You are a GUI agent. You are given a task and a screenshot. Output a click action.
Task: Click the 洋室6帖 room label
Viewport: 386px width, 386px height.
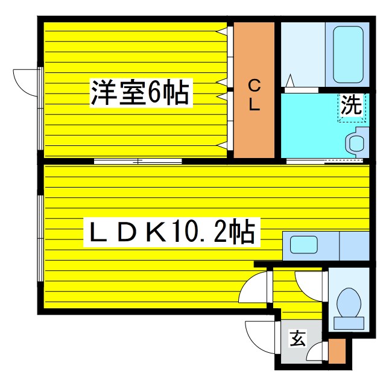click(140, 93)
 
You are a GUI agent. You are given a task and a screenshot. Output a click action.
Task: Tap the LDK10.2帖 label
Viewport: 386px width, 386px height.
click(171, 231)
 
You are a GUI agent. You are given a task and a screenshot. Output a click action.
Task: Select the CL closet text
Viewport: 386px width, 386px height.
click(254, 95)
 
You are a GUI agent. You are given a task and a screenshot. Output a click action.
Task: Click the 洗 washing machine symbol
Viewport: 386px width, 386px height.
click(351, 107)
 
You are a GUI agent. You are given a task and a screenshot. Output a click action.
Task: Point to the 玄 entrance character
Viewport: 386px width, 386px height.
click(298, 339)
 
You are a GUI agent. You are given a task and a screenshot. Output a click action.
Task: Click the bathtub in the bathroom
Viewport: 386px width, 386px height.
click(346, 55)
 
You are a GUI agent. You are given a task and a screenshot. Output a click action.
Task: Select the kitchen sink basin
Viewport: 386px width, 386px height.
click(304, 244)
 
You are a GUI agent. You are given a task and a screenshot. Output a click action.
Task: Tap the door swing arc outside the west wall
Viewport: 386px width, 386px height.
click(25, 81)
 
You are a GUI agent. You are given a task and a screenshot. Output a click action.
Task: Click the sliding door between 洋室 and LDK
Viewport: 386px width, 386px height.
click(138, 161)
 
